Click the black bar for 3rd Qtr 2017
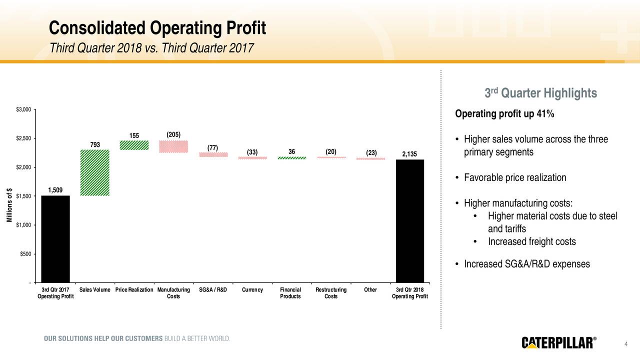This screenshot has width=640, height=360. [x=55, y=239]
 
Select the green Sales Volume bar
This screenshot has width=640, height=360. [x=94, y=172]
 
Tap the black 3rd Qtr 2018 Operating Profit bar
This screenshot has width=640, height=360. [x=410, y=221]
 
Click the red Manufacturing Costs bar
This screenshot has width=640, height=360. [x=173, y=146]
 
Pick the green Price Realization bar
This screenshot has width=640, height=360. [x=134, y=145]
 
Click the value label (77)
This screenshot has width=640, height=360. [x=212, y=148]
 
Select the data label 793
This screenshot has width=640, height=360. [x=94, y=145]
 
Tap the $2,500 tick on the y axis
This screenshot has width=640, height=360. [x=24, y=138]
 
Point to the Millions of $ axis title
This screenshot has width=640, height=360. [x=9, y=205]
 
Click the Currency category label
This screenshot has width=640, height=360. [x=252, y=290]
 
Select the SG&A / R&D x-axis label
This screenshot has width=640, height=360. [x=212, y=290]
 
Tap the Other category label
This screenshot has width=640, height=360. [x=370, y=290]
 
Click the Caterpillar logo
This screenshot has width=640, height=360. [x=559, y=342]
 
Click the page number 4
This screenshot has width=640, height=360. [x=626, y=343]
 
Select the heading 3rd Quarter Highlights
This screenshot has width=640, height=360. [x=540, y=93]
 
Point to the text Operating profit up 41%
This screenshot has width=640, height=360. [x=504, y=114]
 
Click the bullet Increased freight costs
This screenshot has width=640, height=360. [x=531, y=242]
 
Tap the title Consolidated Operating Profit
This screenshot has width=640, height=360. [x=157, y=28]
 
